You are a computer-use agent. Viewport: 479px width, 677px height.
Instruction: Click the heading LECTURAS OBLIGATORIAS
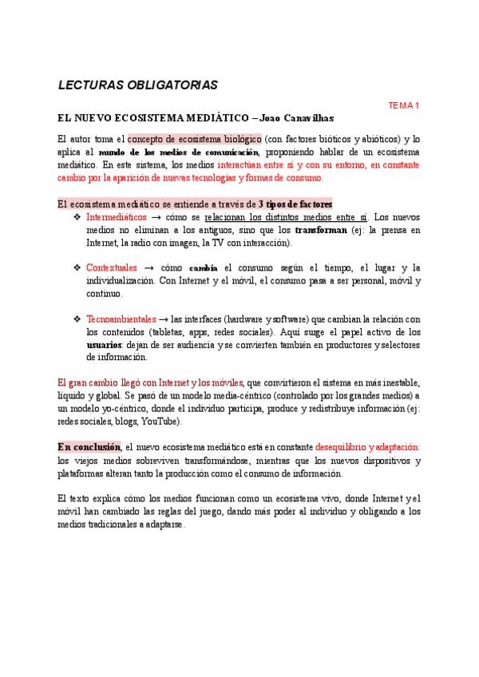(138, 85)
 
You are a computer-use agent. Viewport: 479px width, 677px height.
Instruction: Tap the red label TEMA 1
(404, 105)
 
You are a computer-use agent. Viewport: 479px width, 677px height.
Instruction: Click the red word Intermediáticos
(116, 217)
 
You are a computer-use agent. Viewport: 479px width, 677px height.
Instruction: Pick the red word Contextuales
(111, 267)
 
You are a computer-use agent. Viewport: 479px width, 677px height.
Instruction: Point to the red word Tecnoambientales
(121, 319)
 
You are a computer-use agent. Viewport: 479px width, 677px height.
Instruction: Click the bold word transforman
(321, 230)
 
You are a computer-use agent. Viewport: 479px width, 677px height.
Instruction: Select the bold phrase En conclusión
(89, 446)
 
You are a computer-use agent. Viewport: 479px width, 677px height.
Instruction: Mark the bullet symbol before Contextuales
(77, 267)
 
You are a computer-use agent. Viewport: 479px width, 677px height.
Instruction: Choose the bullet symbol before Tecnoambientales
(77, 319)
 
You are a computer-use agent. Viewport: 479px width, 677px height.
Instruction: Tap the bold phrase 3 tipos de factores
(295, 204)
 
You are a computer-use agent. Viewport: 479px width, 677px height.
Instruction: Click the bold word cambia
(204, 267)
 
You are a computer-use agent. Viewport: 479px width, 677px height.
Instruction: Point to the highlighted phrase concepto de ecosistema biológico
(194, 138)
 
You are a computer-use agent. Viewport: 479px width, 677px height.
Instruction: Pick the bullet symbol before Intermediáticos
(77, 217)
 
